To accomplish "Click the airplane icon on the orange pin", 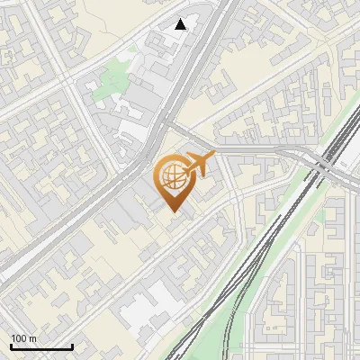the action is [199, 164].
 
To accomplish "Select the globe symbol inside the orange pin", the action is [172, 178].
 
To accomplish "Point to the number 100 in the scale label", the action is [19, 338].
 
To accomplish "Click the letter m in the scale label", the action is [33, 338].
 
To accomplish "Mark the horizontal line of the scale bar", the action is [41, 347].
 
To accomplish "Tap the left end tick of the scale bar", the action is [11, 346].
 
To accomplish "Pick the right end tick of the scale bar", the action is [72, 346].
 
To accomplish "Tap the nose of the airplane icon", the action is [213, 158].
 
